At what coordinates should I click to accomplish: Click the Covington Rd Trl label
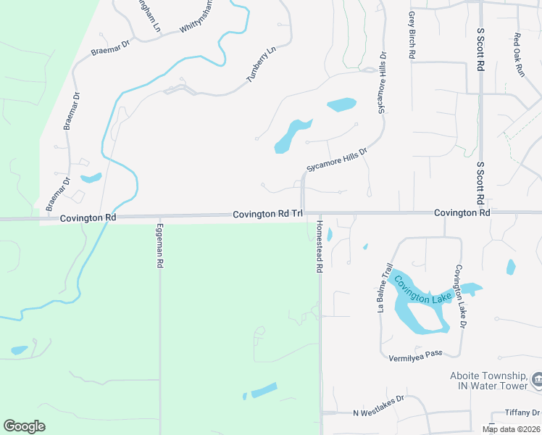tap(267, 215)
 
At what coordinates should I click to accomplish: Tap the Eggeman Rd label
tap(159, 246)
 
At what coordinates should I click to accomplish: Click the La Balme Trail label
tap(385, 288)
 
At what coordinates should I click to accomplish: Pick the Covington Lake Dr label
tap(459, 297)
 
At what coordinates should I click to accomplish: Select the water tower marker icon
tap(537, 379)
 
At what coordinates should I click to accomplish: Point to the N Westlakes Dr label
tap(377, 413)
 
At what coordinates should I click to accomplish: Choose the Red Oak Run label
tap(518, 55)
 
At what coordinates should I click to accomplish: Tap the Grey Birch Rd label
tap(412, 34)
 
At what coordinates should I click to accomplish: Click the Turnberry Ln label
tap(262, 65)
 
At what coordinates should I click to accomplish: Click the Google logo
tap(24, 426)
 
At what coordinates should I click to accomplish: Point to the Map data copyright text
tap(510, 429)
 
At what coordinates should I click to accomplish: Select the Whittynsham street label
tap(197, 16)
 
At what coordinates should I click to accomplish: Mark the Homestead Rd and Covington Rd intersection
tap(320, 214)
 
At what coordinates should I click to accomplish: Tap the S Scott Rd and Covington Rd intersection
tap(480, 213)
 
